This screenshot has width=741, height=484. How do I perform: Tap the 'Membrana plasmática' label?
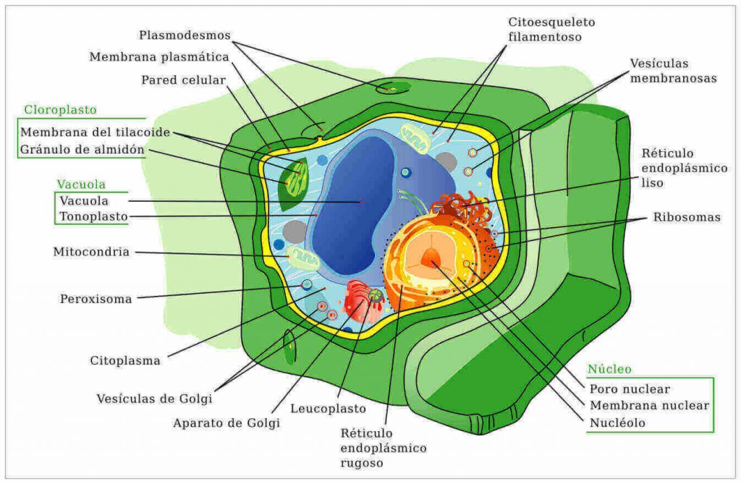159,57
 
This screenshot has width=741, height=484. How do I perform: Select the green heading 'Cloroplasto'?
61,110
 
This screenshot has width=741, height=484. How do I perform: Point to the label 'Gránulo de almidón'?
82,150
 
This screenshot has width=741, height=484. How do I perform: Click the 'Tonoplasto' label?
93,217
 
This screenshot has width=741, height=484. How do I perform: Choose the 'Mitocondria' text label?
91,252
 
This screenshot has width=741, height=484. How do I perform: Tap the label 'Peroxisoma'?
96,300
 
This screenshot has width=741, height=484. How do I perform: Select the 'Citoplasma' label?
125,361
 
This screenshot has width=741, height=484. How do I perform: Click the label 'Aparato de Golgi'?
226,423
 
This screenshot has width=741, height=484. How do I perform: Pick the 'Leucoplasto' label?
328,408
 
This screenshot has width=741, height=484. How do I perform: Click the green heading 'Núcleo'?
609,369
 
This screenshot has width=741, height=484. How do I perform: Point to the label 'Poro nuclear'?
630,389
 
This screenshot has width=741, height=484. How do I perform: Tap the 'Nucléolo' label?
617,423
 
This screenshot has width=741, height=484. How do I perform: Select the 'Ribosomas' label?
687,218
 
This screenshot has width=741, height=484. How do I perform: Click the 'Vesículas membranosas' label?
673,71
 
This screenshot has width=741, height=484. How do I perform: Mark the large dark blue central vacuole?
355,203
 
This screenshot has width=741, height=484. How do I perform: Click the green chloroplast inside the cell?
294,184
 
